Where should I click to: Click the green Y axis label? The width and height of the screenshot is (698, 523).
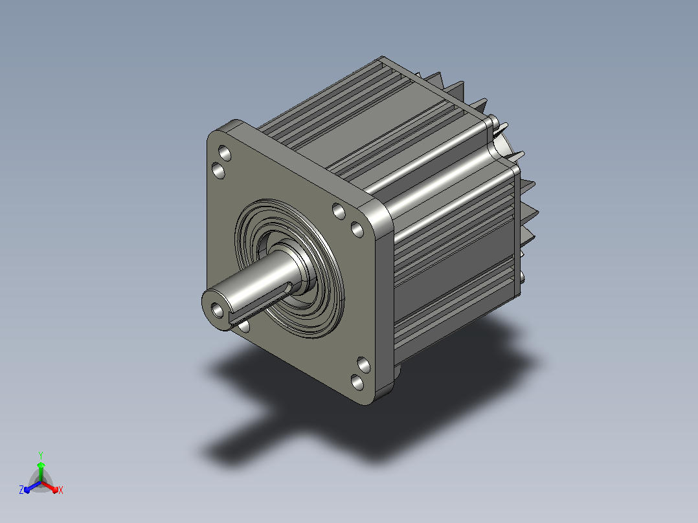click(x=41, y=455)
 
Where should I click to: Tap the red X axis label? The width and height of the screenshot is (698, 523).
click(x=61, y=490)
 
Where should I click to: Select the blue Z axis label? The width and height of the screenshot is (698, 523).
click(x=21, y=490)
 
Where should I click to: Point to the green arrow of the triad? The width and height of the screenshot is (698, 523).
click(x=41, y=471)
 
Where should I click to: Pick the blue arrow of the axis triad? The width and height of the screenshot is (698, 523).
click(x=32, y=487)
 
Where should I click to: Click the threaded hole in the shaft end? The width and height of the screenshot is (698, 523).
click(x=218, y=310)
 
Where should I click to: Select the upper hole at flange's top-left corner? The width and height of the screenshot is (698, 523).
click(x=224, y=153)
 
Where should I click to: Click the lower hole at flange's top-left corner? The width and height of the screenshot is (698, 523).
click(x=218, y=170)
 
